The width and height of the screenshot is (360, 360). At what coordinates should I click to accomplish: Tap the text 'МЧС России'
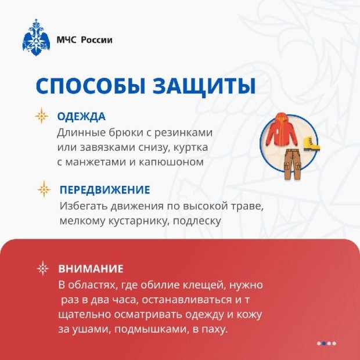[84, 40]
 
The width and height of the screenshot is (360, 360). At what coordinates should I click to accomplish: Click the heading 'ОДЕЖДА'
[81, 116]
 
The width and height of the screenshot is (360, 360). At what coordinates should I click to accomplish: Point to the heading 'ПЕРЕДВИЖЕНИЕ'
[105, 190]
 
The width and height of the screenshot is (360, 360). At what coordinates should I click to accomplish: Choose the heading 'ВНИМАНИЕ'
[91, 269]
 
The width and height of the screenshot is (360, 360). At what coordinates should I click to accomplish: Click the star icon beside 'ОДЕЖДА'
[42, 116]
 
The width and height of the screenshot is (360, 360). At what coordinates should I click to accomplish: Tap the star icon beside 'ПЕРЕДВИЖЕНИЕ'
[44, 190]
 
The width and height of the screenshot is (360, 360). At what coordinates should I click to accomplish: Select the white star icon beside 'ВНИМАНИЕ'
[43, 269]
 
